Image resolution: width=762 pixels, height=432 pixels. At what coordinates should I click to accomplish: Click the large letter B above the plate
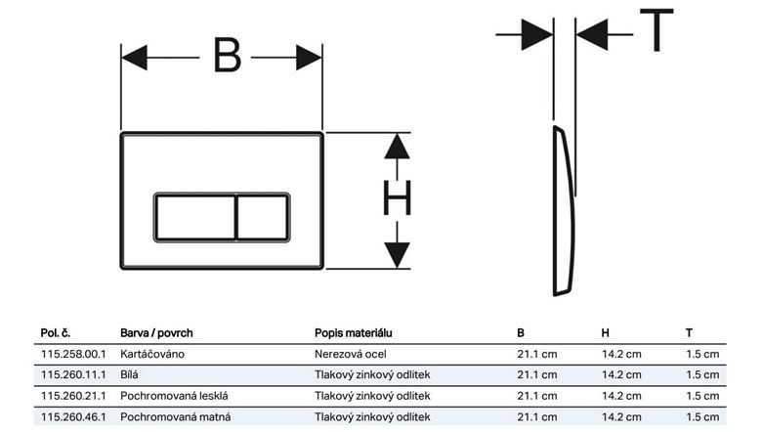point(227,56)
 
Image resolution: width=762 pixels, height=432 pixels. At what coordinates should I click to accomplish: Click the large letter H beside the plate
point(397,197)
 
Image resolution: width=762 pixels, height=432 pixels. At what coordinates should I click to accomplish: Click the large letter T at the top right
point(656,29)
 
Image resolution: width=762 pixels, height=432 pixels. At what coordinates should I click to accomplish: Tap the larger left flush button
point(195,217)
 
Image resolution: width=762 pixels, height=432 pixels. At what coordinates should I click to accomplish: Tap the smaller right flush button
point(263,217)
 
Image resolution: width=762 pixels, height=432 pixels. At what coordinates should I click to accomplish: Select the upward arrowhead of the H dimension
point(397,146)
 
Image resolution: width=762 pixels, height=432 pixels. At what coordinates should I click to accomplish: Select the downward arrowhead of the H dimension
point(397,255)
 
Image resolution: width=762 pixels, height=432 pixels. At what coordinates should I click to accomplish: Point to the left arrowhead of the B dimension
point(134,58)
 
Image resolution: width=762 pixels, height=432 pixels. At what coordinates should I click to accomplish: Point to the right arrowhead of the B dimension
point(309,58)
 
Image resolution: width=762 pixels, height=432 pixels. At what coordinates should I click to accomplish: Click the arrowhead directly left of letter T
point(591,34)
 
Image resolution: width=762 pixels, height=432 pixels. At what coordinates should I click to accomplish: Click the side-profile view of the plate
point(564,210)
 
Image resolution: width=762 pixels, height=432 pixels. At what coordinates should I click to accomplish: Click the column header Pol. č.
point(56,333)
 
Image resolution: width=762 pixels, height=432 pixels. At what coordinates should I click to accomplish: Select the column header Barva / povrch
point(156,333)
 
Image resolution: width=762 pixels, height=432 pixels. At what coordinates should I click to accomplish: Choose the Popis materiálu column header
point(354,333)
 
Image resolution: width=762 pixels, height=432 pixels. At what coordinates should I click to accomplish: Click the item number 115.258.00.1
point(73,354)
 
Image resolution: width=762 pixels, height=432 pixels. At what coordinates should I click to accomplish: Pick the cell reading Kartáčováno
point(152,354)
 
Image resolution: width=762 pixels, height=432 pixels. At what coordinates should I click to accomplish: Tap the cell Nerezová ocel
point(351,354)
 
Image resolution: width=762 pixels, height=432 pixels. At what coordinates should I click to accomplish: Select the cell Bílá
point(129,374)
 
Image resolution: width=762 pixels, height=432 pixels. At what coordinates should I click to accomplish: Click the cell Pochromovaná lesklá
point(174,396)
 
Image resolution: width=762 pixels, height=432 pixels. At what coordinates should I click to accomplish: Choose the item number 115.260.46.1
point(73,417)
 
